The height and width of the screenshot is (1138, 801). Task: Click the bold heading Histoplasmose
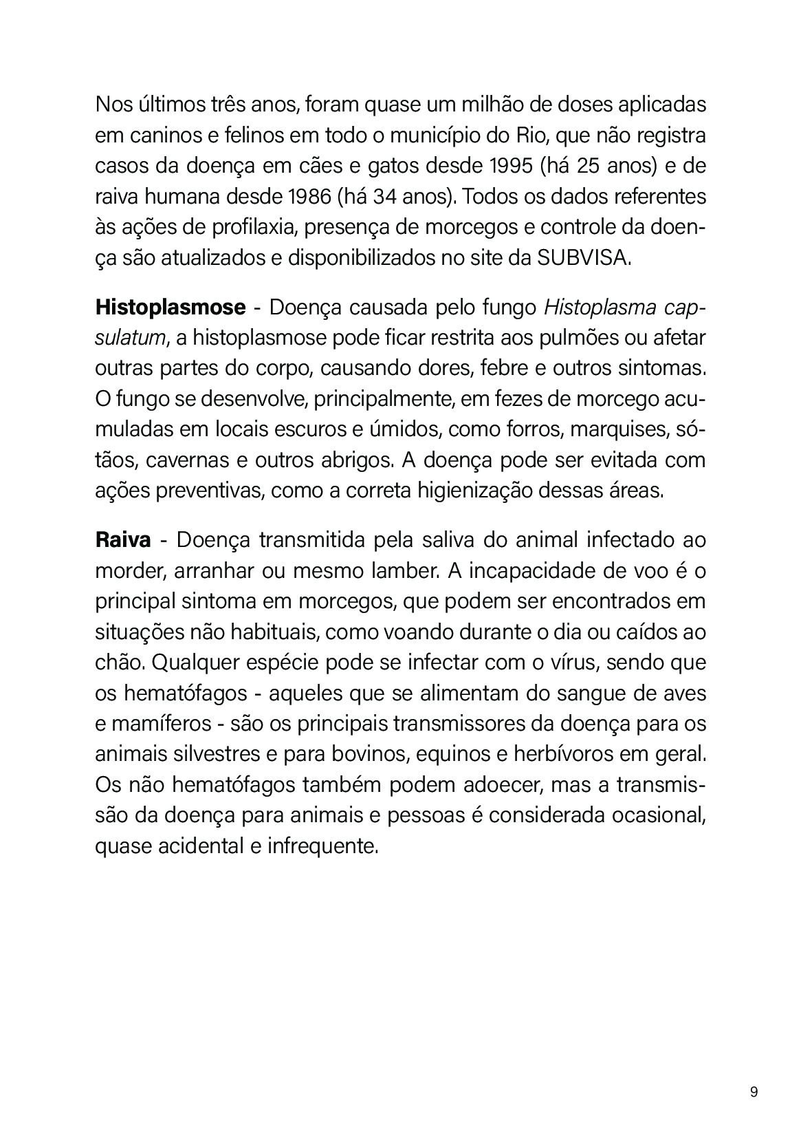(170, 307)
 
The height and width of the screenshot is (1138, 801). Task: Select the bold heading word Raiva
(122, 539)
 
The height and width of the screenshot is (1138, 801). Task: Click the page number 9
(754, 1092)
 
